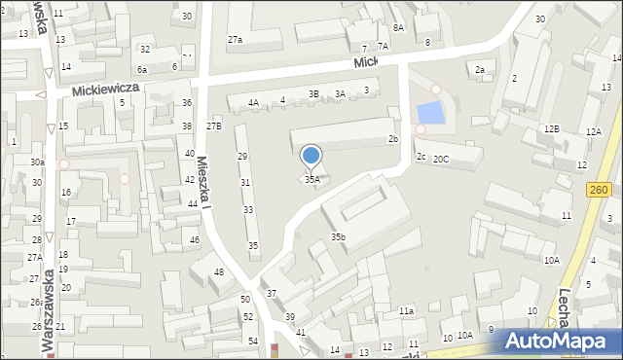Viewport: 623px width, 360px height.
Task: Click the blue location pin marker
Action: [x=311, y=156]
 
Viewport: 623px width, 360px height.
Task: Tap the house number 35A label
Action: [x=311, y=179]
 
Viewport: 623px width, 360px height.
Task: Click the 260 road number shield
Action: [x=598, y=191]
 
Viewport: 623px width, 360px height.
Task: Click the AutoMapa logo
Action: [x=563, y=341]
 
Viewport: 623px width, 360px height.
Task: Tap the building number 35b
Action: [x=338, y=236]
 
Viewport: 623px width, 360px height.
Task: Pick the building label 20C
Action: [x=441, y=159]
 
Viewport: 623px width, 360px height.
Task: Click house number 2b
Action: [x=393, y=139]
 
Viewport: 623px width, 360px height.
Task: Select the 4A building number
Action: [x=253, y=102]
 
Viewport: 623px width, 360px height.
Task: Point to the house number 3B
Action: [x=313, y=93]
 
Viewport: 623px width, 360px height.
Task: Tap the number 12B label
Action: [x=552, y=128]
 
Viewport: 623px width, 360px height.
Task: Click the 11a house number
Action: [x=406, y=310]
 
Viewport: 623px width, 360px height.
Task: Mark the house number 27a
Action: [x=235, y=40]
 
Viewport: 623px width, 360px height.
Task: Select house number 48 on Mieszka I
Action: [x=219, y=271]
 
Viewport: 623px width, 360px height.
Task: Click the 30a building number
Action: [x=37, y=162]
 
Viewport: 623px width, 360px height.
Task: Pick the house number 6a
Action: [x=142, y=69]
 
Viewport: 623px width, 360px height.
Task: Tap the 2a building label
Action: [x=479, y=70]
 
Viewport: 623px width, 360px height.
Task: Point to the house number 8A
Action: [x=398, y=28]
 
